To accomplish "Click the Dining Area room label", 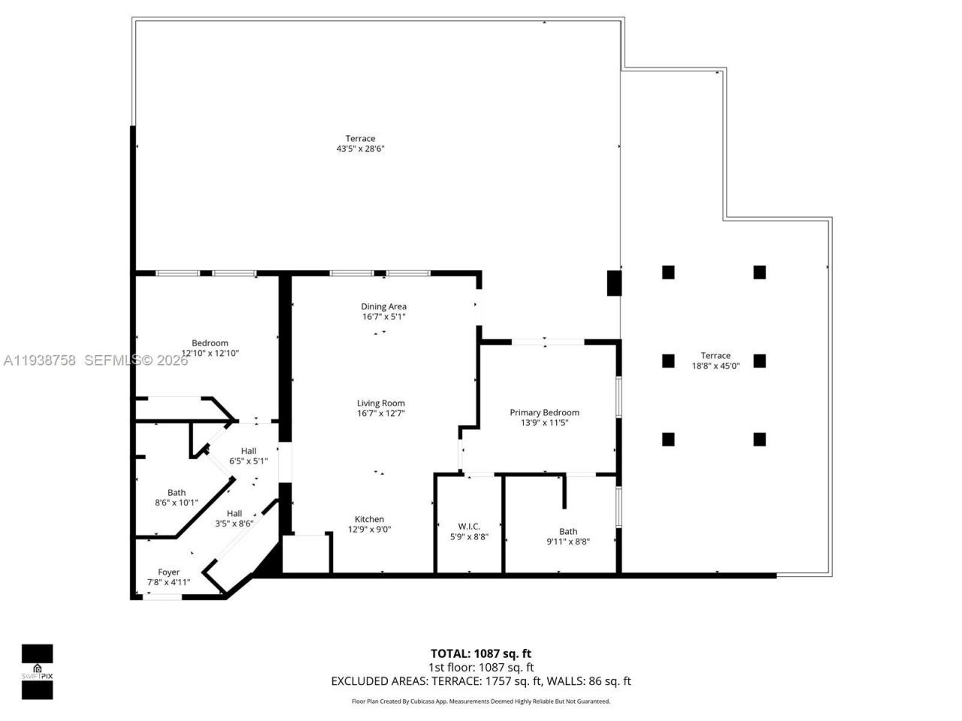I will coord(383,306).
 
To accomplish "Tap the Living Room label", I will coord(381,403).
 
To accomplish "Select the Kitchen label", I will coord(369,519).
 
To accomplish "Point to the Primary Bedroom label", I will coord(544,412).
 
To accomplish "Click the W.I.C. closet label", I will coord(469,526).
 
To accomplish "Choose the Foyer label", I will coord(168,572).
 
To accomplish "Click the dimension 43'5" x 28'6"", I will coord(360,149).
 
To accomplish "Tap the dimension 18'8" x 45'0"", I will coord(715,366).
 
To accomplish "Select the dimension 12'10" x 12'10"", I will coord(210,353).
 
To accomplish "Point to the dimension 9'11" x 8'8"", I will coord(567,542).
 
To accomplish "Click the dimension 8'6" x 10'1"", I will coord(177,502).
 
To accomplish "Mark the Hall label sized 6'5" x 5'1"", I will coord(248,451).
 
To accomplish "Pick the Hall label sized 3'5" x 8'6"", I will coord(234,514).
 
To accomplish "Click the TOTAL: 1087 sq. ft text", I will coord(480,653).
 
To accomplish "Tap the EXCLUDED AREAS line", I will coord(480,681).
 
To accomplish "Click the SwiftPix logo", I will coord(37,671).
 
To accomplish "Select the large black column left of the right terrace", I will coord(615,282).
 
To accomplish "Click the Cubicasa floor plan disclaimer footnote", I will coord(480,701).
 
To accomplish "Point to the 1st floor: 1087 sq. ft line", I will coord(480,667).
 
